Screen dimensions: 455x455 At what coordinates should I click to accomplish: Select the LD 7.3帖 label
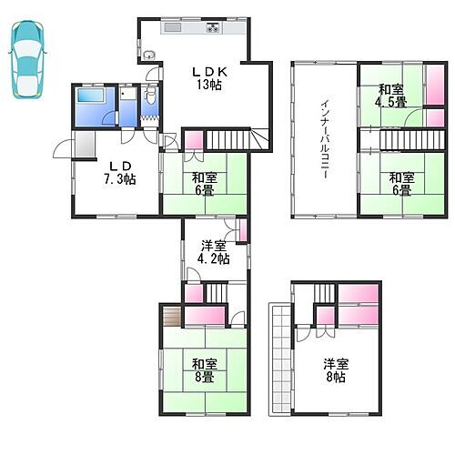[x=118, y=171]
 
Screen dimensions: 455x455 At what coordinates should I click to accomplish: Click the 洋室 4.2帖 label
[x=214, y=251]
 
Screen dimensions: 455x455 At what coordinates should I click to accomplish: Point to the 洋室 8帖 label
[x=336, y=371]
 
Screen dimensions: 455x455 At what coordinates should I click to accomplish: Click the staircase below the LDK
[x=232, y=140]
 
